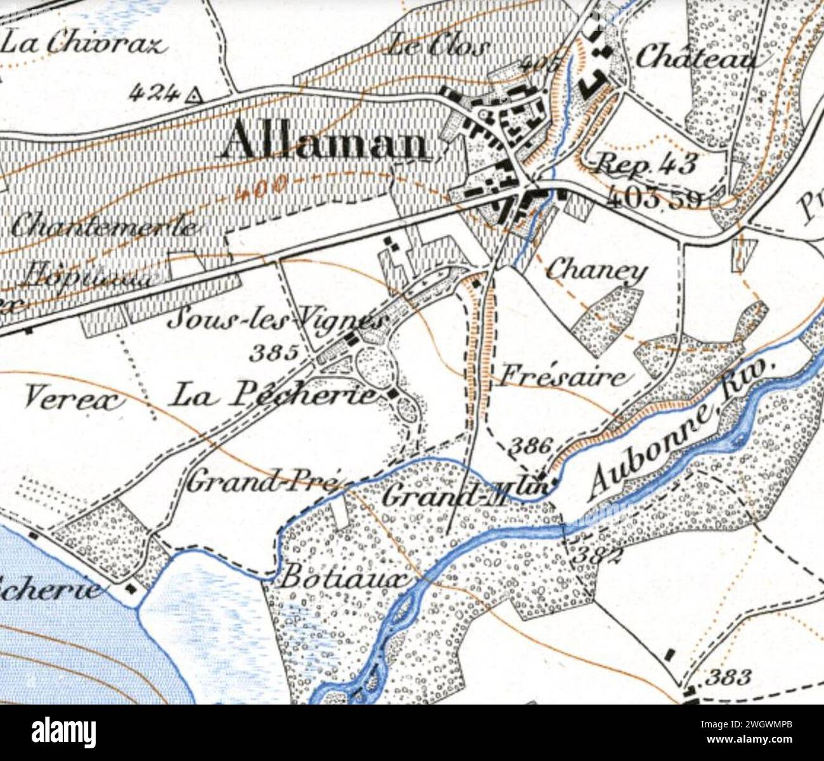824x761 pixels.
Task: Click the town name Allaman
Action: click(x=325, y=141)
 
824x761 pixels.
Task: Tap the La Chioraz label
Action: click(x=84, y=44)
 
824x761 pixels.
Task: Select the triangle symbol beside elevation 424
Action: click(x=193, y=96)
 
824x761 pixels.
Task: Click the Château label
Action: click(x=695, y=58)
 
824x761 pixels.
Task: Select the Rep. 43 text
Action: click(x=647, y=164)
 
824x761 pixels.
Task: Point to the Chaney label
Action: click(x=596, y=271)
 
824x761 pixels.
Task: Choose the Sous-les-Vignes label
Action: click(x=278, y=318)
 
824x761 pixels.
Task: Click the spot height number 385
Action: click(x=273, y=352)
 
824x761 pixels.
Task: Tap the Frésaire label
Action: click(x=562, y=377)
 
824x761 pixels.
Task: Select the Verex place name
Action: click(x=74, y=399)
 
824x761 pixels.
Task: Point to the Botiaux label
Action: click(x=343, y=577)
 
